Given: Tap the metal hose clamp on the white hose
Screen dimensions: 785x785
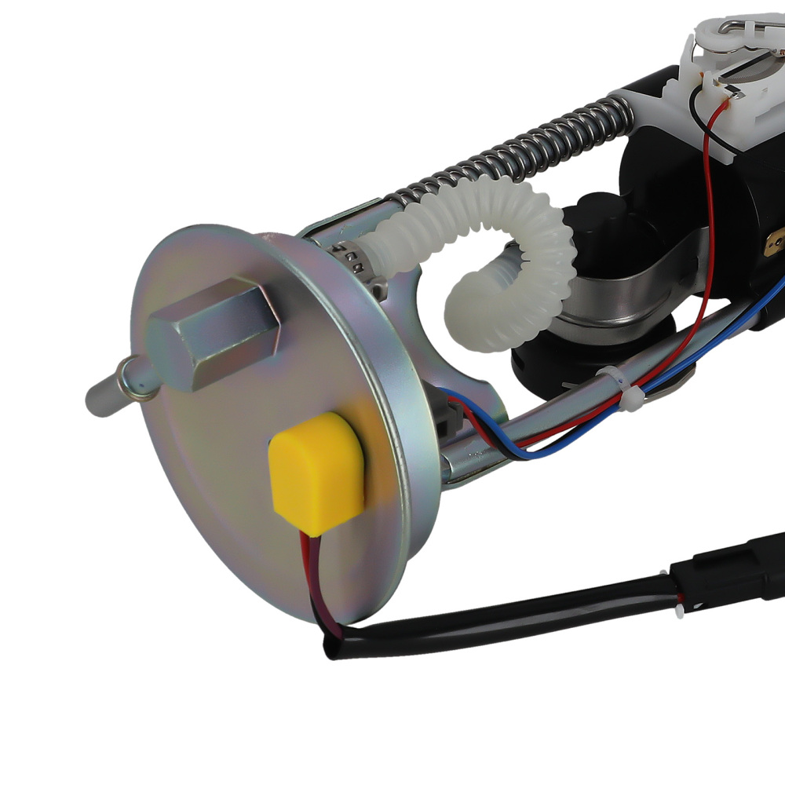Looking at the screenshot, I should click(350, 255).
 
